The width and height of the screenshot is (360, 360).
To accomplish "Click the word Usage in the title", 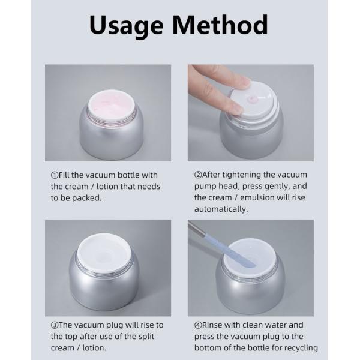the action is click(x=126, y=26).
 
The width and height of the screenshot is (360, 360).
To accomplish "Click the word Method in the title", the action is click(x=220, y=25).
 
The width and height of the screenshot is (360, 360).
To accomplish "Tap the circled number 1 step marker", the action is click(x=55, y=175).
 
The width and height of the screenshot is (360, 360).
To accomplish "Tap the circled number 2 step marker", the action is click(x=198, y=175).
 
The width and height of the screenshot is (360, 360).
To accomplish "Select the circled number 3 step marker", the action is click(x=55, y=325).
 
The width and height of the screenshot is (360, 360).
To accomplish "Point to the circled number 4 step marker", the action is click(x=198, y=325).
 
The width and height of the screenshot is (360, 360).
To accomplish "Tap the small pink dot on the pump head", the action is click(x=253, y=99).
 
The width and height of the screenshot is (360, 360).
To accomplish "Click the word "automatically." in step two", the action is click(x=221, y=209).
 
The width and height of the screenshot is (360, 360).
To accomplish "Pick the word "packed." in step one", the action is click(x=87, y=198).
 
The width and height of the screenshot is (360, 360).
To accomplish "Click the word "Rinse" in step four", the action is click(x=212, y=325).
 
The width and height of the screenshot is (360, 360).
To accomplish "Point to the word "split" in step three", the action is click(x=146, y=337).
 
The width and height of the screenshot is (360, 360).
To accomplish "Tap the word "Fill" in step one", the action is click(x=64, y=175).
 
